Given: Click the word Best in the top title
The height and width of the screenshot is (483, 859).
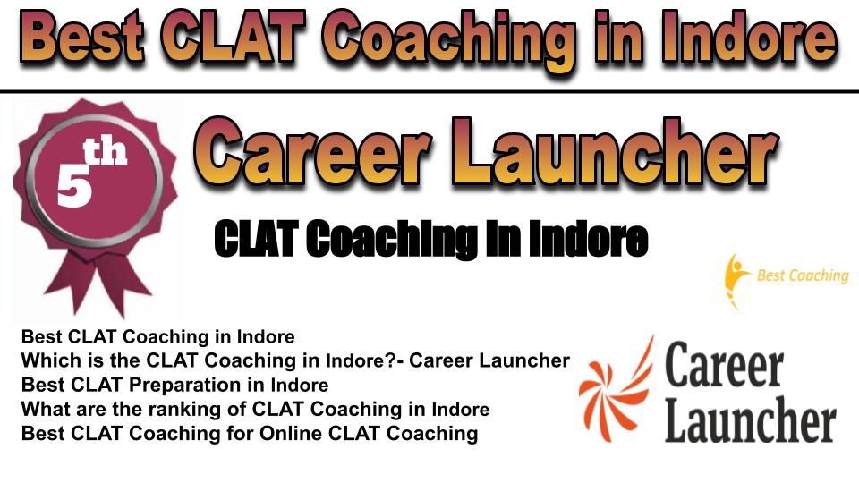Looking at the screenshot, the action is click(x=83, y=38).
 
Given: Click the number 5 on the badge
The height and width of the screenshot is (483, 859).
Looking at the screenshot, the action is click(x=74, y=186).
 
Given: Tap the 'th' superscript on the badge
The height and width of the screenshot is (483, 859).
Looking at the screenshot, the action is click(x=105, y=152).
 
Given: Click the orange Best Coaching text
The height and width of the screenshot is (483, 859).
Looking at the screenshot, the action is click(x=803, y=275).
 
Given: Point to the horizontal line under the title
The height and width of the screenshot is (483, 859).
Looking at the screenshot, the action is click(x=429, y=91).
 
